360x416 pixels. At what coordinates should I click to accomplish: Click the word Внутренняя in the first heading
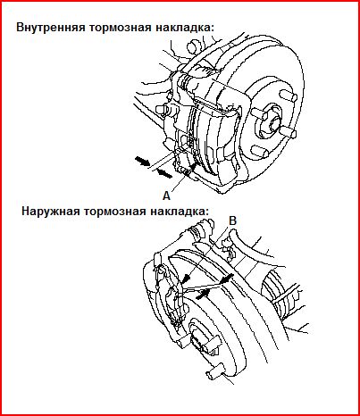51,28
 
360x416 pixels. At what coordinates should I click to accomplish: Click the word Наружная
51,212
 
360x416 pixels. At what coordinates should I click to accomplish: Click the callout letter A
166,196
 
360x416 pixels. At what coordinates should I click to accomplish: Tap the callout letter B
233,220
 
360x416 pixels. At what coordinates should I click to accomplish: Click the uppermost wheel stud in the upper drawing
289,96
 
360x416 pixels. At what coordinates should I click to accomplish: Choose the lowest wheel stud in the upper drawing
258,151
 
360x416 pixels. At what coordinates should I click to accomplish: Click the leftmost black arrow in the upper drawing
142,161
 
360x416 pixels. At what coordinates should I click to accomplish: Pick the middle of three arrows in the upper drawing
164,173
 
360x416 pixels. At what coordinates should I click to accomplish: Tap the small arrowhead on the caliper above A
193,167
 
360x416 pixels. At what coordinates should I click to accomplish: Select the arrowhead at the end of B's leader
187,279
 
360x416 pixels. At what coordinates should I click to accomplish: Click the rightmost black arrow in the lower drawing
226,279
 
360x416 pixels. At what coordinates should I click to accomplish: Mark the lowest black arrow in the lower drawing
202,295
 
